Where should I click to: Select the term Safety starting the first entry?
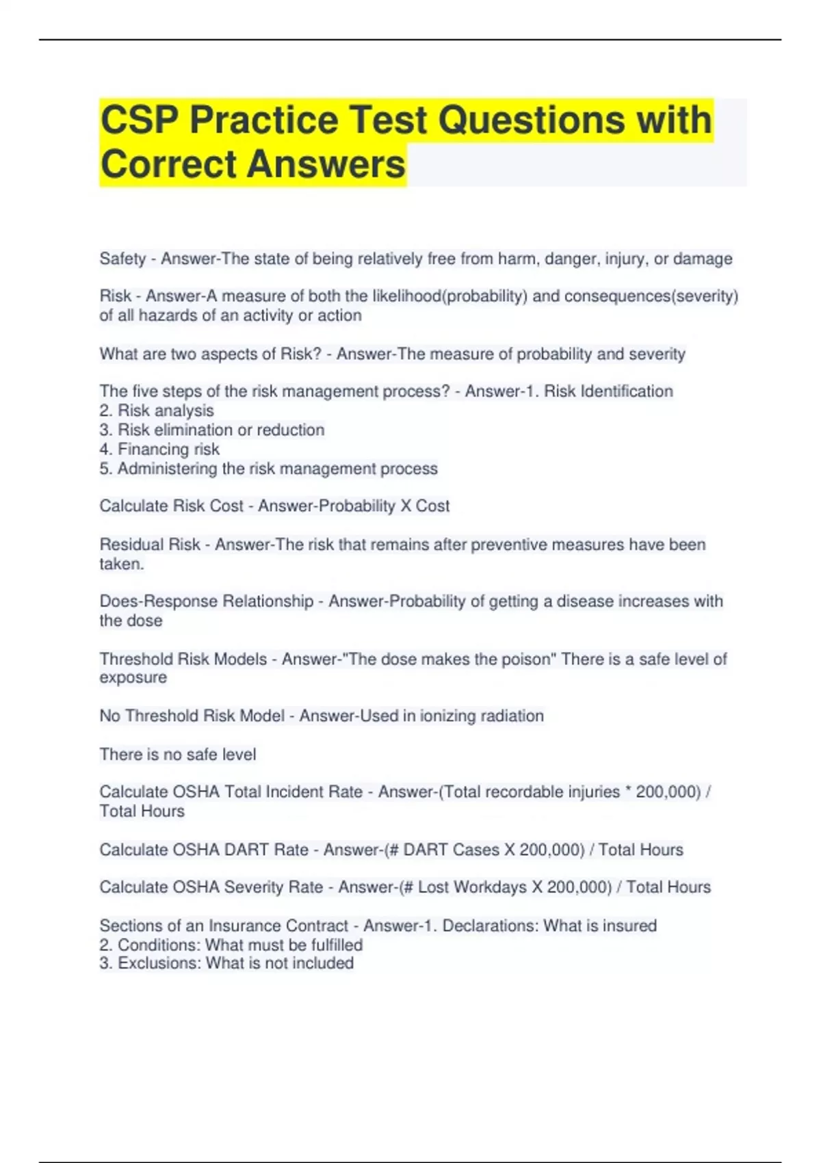point(122,259)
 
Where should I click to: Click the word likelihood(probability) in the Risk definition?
point(449,296)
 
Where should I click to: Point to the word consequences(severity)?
point(651,296)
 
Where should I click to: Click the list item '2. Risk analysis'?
point(157,410)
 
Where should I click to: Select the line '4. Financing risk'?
point(159,449)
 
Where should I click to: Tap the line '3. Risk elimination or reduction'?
point(212,430)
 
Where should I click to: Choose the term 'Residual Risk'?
point(150,545)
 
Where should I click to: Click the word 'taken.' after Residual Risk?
point(122,564)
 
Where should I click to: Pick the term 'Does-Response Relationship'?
point(206,601)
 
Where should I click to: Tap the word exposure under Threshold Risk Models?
point(133,677)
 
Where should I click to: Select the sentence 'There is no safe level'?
point(178,754)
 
